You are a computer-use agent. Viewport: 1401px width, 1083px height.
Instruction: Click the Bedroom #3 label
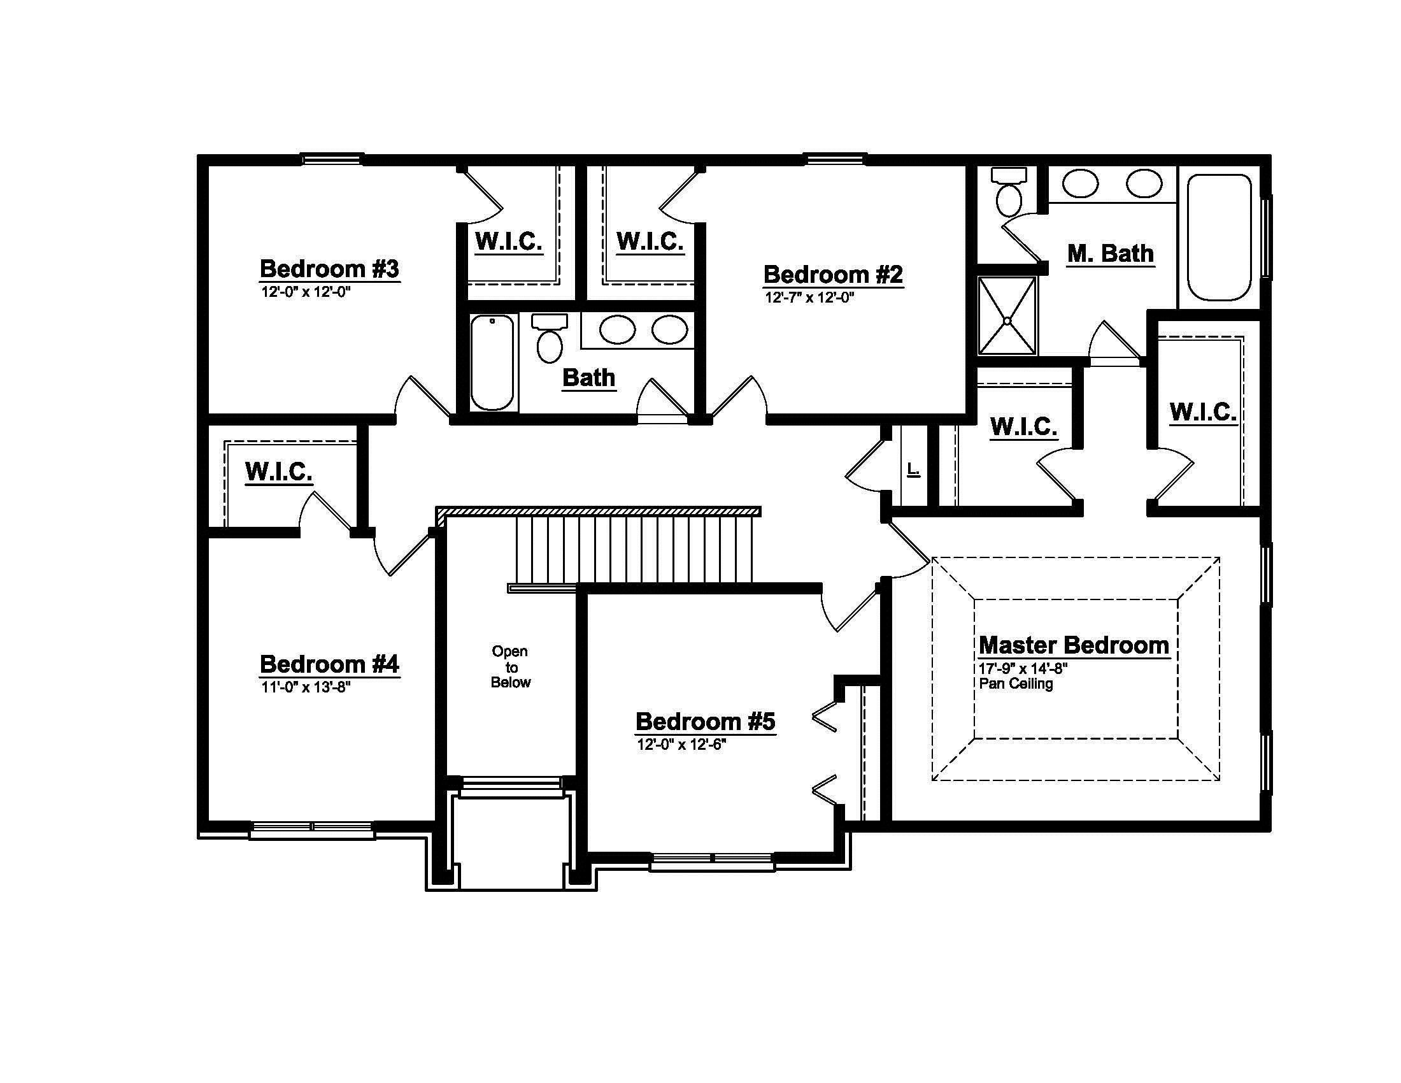[329, 269]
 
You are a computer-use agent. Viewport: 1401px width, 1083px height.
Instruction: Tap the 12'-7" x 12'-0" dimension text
[809, 298]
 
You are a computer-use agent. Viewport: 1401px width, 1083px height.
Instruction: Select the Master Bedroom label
[1074, 645]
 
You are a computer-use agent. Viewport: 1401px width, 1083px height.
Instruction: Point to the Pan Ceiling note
[1016, 684]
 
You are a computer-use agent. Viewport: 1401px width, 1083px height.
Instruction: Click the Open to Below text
[511, 666]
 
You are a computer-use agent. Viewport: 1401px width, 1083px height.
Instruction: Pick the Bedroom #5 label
[706, 722]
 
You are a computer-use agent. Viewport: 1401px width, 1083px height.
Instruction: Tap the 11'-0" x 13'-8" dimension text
[305, 688]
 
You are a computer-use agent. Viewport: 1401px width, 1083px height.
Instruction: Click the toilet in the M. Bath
[1009, 191]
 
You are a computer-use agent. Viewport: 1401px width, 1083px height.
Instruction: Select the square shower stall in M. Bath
[1007, 315]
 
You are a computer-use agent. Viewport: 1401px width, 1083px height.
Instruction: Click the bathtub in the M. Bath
[1219, 238]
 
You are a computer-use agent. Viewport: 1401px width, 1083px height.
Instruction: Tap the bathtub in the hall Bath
[493, 362]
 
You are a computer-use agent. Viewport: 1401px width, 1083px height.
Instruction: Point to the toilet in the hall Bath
[550, 338]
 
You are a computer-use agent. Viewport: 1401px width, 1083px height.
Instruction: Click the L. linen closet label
[913, 470]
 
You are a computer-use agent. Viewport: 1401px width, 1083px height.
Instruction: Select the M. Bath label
[1111, 254]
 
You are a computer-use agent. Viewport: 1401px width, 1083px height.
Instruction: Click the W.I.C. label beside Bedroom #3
[509, 242]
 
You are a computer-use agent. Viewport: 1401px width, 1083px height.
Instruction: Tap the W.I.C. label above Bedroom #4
[278, 472]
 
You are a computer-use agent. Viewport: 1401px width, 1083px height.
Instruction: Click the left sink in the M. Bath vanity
[1080, 184]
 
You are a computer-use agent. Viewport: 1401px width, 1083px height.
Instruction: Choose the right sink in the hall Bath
[671, 330]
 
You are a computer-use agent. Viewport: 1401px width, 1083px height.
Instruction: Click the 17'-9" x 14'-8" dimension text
[1023, 668]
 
